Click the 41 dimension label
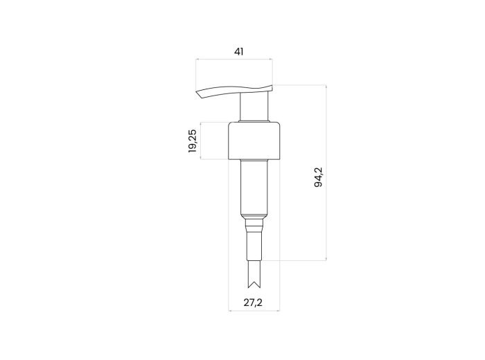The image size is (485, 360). click(238, 52)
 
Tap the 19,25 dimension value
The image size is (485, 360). click(193, 141)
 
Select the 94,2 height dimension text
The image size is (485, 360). click(318, 177)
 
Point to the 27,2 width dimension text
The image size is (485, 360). click(253, 303)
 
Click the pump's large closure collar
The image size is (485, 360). click(254, 141)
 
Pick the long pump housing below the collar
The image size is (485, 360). click(254, 187)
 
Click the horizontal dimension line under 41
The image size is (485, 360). click(234, 59)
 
